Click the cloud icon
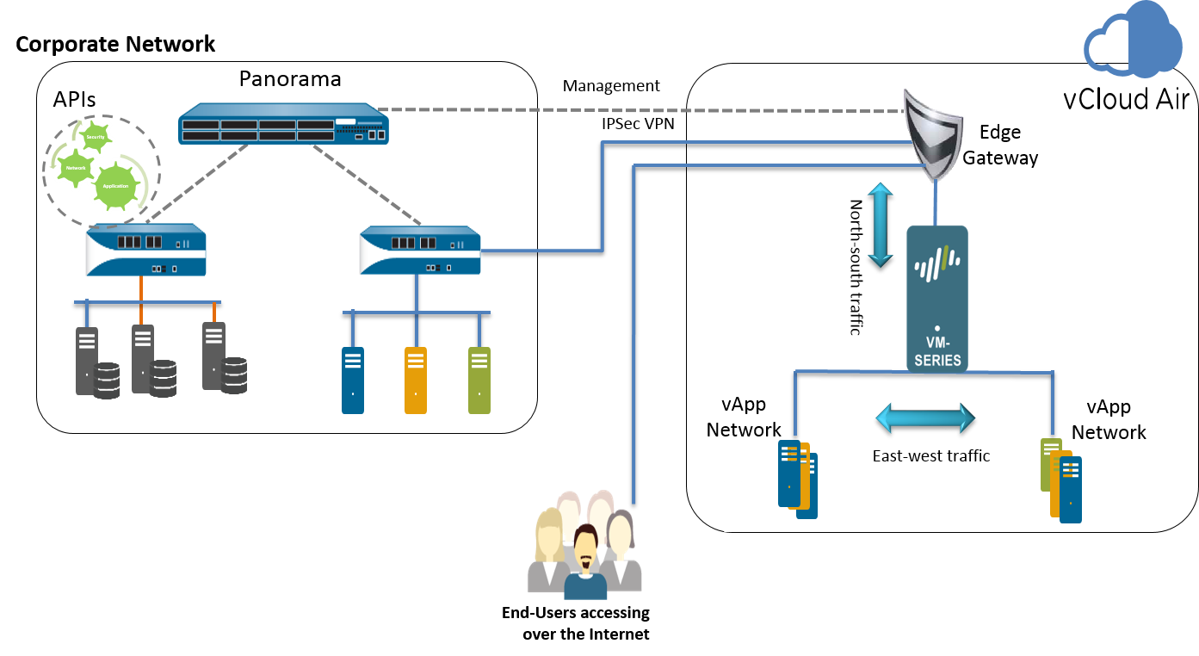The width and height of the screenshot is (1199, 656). coord(1134,40)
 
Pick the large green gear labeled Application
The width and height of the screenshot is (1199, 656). coord(115,186)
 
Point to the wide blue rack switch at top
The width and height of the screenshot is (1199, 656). coord(284,124)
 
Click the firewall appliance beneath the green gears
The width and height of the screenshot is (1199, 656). coord(145,251)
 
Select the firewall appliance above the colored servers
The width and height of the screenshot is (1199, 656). coord(419,251)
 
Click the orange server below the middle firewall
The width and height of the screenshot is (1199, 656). coord(416,380)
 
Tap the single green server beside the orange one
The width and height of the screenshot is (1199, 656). coord(479,380)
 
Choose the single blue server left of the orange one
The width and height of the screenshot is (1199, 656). coord(353,380)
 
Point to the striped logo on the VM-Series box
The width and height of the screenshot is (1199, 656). coord(936,263)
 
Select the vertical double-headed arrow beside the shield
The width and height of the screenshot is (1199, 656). coord(880,225)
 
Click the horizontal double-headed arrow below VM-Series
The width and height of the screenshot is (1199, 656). coord(925,418)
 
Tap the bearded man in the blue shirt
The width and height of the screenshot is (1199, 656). coord(585,564)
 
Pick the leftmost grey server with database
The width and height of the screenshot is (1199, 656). coord(88,362)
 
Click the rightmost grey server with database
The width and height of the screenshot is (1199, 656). coord(215,356)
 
